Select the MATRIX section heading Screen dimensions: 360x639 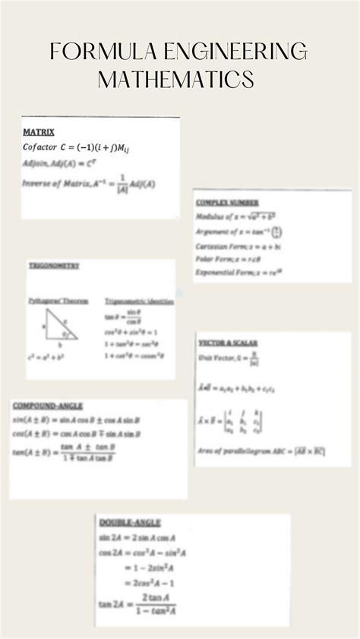pos(39,132)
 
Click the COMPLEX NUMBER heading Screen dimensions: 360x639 pos(227,203)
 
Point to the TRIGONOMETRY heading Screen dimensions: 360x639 pos(54,266)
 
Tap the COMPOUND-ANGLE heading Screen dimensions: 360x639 pos(48,406)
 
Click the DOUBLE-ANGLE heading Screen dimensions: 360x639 pos(130,523)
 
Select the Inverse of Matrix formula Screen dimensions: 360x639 pos(89,184)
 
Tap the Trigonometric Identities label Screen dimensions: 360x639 pos(139,301)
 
